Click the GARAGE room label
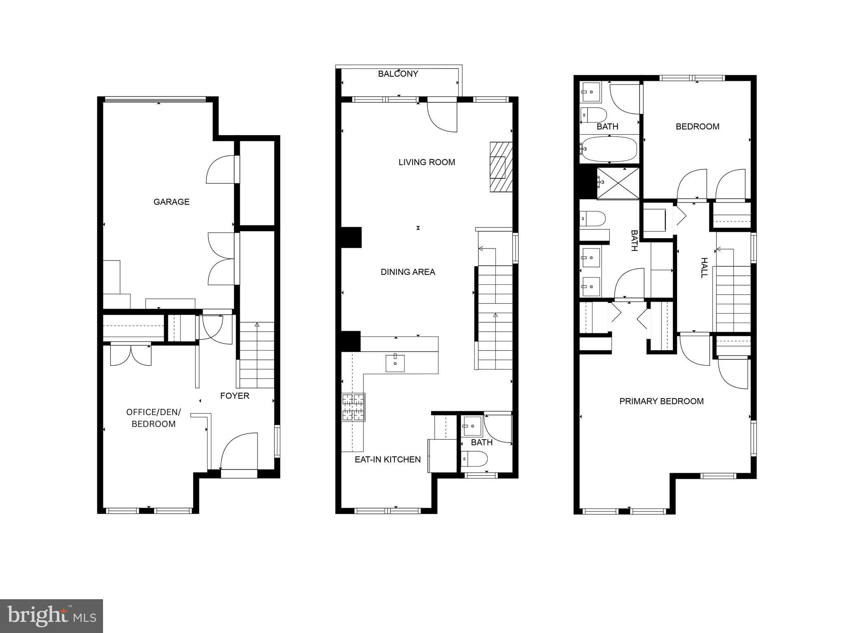171,202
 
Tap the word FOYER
234,396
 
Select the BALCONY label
398,74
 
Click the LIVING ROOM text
427,162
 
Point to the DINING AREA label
408,272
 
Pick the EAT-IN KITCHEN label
387,460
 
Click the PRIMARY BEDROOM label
661,401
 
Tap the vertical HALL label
704,268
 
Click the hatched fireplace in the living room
501,167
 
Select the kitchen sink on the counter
395,363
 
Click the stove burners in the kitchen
353,407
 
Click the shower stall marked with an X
618,184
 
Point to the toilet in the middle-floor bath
474,458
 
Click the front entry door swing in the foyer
239,451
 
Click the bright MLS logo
52,616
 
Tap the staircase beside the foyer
257,355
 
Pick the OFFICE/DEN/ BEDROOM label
153,418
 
